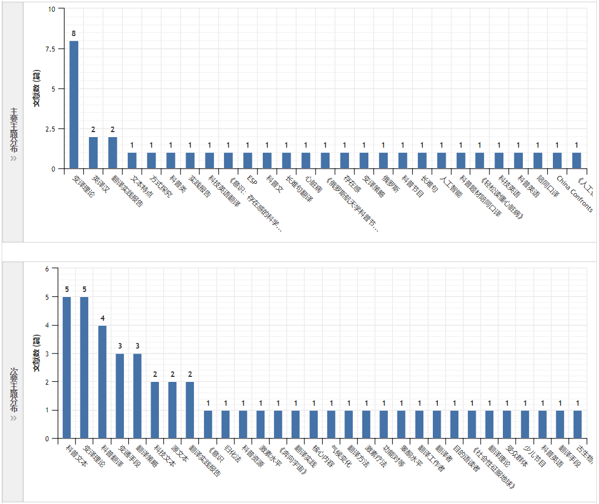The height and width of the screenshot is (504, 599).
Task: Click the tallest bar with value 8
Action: pos(73,104)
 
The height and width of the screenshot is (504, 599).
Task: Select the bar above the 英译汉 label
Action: pos(93,153)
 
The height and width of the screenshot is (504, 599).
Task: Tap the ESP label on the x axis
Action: pos(252,181)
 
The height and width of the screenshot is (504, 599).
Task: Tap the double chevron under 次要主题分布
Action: pos(13,417)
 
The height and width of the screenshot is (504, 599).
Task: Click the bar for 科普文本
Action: pos(67,367)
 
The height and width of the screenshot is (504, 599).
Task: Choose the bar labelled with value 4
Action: pos(102,382)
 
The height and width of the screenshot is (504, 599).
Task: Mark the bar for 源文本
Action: pos(173,410)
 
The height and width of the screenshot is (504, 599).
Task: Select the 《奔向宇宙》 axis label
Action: pos(293,460)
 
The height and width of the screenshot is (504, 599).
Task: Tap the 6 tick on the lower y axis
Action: pos(47,269)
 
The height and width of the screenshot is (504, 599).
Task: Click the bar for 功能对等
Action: pos(384,424)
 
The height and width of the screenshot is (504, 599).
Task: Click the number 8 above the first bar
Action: pos(73,33)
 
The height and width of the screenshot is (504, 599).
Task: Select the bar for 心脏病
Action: pos(306,160)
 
